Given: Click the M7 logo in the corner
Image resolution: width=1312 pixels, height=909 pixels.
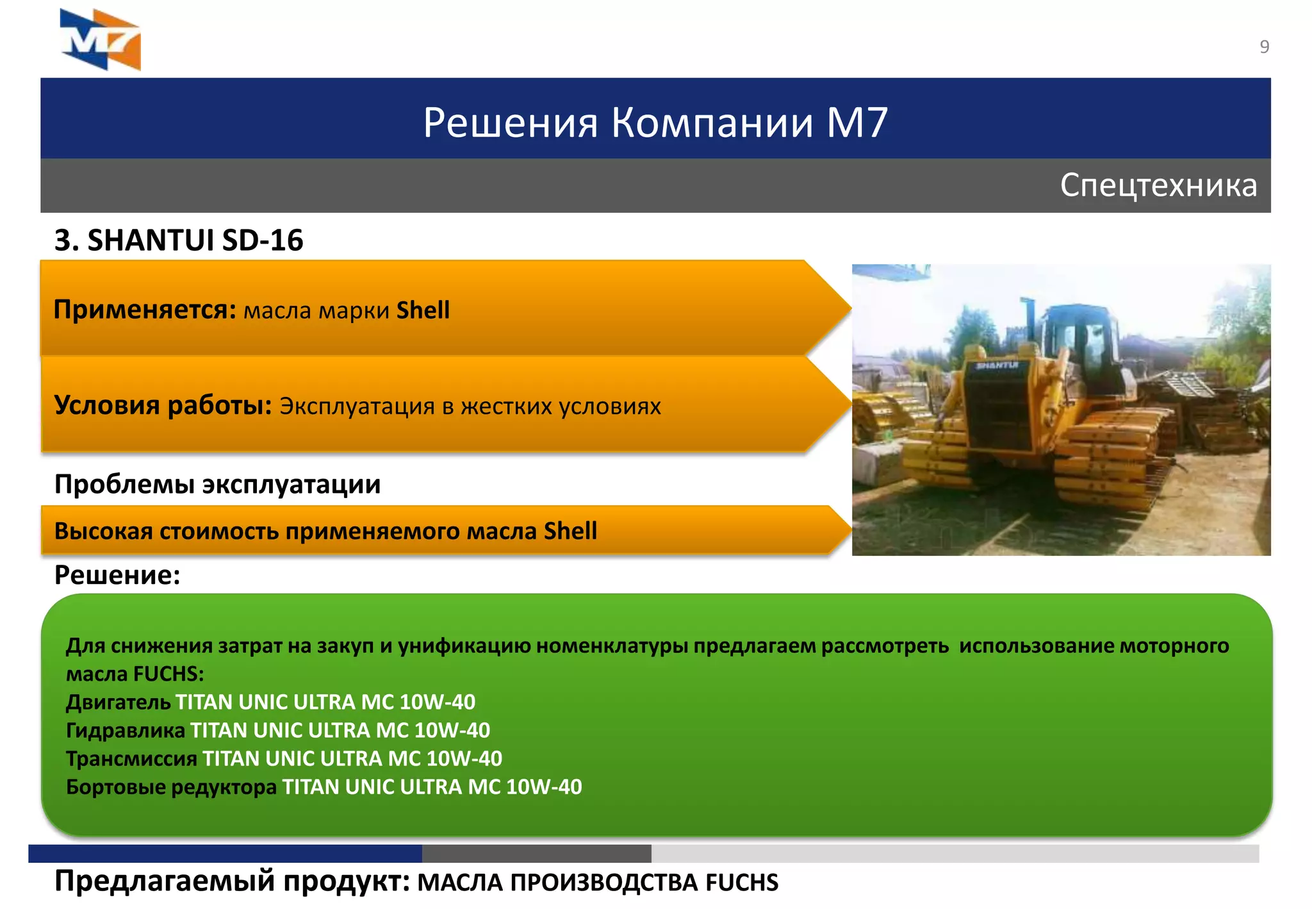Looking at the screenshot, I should point(101,40).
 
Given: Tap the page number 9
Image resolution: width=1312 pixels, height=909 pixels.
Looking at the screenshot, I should point(1264,47).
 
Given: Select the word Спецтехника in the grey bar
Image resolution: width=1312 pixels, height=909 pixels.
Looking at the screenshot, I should point(1158,185).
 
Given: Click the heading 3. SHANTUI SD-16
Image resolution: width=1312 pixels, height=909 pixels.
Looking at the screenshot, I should point(179,240).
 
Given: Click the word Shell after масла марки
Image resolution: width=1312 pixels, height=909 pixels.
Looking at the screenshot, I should point(423,310).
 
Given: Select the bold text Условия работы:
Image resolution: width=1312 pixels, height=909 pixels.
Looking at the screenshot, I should point(163,406).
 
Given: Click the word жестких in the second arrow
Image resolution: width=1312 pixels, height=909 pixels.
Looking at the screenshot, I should point(506,406).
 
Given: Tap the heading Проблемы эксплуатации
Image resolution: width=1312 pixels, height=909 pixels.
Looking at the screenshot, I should point(217,484).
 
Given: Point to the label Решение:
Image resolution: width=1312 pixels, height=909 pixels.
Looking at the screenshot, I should point(117,575).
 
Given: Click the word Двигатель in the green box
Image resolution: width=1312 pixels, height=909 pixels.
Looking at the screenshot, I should point(118,703).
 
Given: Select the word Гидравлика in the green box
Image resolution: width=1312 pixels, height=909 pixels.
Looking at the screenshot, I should point(126,731).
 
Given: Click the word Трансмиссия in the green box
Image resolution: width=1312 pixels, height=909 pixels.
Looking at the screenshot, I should point(131,759).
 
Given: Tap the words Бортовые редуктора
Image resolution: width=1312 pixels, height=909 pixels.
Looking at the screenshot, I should point(171,787).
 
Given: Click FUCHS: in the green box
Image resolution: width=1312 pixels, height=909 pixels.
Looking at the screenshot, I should point(169,674).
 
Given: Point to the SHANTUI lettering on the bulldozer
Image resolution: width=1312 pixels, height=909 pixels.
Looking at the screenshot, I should point(997,365).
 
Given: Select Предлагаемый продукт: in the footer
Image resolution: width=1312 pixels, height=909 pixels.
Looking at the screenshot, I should point(232,882).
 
